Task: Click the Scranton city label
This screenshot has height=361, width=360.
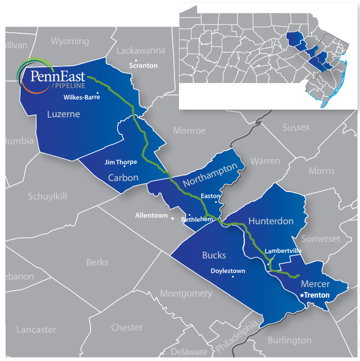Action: tap(143, 65)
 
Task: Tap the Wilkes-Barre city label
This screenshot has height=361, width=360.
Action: tap(82, 97)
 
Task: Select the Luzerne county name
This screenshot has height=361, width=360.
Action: tap(63, 114)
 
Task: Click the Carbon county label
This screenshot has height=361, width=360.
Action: tap(123, 178)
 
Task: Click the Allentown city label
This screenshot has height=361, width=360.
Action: tap(151, 215)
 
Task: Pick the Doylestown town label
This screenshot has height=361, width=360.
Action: tap(228, 271)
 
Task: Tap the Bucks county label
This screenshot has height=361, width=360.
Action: tap(214, 255)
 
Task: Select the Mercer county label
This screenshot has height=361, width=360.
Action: tap(315, 284)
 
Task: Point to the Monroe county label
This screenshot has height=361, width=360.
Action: tap(190, 130)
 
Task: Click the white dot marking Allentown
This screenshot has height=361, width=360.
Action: tap(173, 219)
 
